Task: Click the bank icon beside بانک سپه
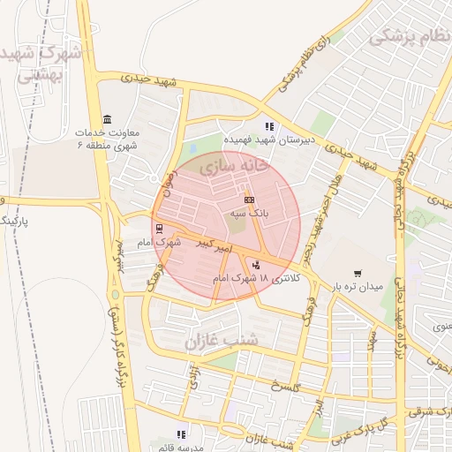pyautogui.click(x=249, y=200)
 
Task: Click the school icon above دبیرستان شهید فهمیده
pyautogui.click(x=269, y=126)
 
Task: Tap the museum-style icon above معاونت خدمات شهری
pyautogui.click(x=107, y=120)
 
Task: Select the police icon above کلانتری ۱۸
pyautogui.click(x=257, y=265)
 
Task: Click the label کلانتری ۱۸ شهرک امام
pyautogui.click(x=257, y=278)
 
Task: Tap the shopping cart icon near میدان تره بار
pyautogui.click(x=357, y=274)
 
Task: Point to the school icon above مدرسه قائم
pyautogui.click(x=182, y=433)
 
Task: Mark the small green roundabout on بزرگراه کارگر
pyautogui.click(x=115, y=294)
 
